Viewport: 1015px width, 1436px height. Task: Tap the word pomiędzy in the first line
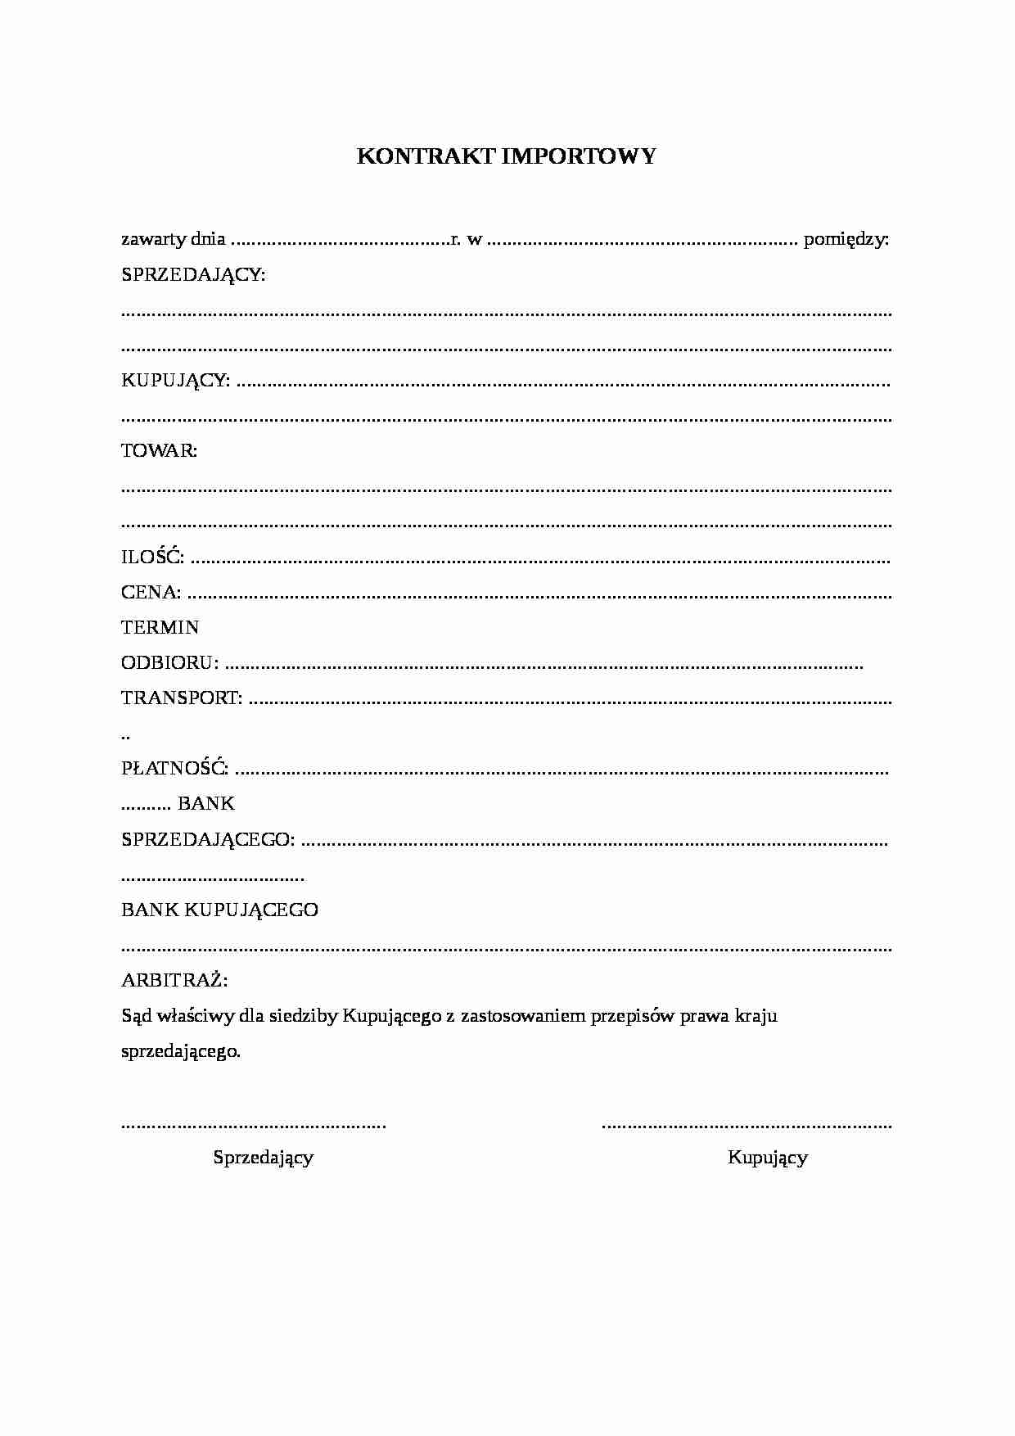point(846,240)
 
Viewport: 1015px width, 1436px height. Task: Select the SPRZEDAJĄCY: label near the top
point(193,275)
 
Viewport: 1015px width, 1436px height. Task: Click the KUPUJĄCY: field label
point(175,381)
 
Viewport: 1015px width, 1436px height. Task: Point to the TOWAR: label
point(159,451)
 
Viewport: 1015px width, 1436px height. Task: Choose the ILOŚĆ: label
point(152,558)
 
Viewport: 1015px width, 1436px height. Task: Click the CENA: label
point(151,592)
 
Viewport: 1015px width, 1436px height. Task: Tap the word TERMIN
point(160,627)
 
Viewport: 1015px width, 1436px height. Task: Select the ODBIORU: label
point(169,662)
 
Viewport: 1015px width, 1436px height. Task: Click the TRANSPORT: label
point(182,698)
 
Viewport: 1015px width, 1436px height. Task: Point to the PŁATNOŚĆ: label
point(174,769)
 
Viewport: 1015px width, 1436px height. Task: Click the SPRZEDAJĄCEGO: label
point(208,839)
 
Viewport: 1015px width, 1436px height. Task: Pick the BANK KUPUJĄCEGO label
point(219,910)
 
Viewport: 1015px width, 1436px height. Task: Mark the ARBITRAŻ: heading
point(174,980)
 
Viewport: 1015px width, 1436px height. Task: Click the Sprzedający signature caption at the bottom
point(264,1158)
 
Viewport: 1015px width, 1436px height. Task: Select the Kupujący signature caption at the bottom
point(768,1158)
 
